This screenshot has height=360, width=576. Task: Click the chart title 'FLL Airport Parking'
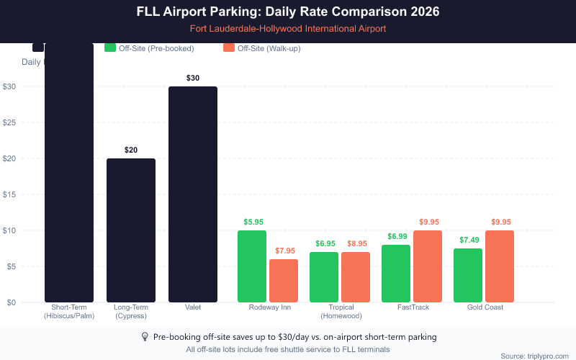point(288,12)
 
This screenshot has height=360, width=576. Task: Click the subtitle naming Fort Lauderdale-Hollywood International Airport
point(288,29)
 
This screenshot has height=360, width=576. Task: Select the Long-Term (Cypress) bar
point(131,230)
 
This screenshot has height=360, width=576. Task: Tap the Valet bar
point(193,194)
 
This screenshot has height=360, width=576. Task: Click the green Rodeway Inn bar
point(252,266)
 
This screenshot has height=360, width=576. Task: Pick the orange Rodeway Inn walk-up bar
point(284,281)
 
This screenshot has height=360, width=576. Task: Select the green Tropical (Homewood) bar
point(324,277)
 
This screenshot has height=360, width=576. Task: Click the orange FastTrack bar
point(428,266)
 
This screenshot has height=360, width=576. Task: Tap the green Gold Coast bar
point(468,275)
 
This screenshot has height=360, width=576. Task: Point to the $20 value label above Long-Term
point(131,150)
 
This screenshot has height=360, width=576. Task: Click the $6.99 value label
point(396,236)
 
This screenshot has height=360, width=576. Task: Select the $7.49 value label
point(468,240)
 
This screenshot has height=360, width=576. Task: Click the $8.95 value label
point(356,243)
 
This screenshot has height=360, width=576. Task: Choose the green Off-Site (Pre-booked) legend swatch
point(110,48)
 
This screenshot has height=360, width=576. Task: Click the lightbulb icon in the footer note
point(145,337)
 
